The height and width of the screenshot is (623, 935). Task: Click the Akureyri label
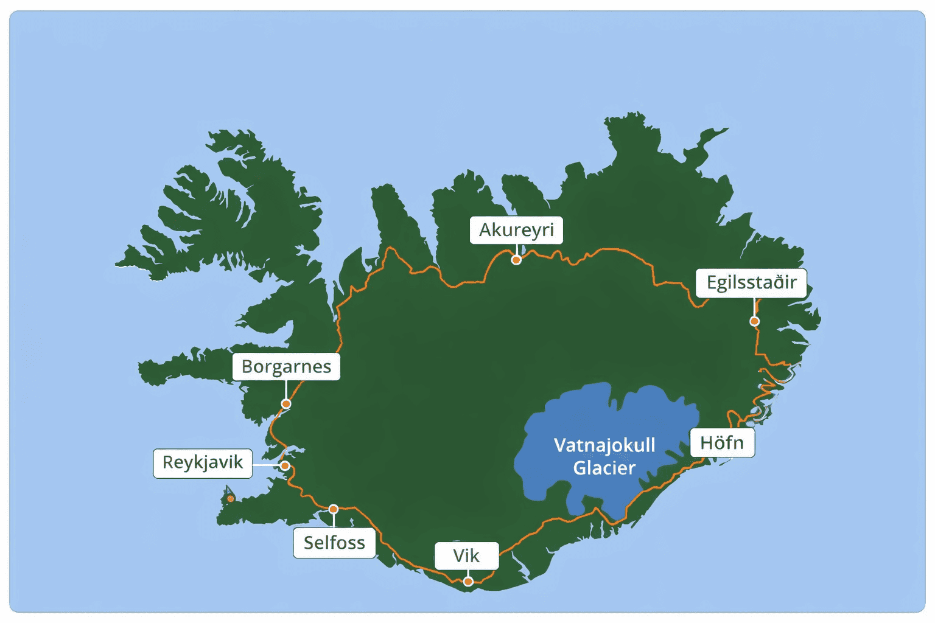[x=516, y=230]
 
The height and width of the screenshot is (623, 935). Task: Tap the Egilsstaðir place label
[x=751, y=282]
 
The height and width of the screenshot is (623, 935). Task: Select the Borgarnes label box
[x=286, y=366]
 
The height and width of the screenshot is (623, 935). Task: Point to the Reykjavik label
[x=202, y=462]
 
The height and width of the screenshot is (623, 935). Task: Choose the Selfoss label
[x=334, y=542]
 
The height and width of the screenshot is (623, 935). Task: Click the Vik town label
[x=466, y=555]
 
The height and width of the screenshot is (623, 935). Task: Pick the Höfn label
[x=722, y=442]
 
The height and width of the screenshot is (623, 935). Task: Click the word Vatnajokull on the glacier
[x=604, y=445]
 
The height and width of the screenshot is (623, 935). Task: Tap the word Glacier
[x=604, y=468]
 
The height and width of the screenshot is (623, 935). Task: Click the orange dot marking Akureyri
[x=516, y=260]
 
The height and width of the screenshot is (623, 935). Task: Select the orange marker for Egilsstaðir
[x=754, y=321]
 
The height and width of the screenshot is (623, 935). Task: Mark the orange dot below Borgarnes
[x=286, y=404]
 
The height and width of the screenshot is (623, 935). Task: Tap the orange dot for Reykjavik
[x=285, y=465]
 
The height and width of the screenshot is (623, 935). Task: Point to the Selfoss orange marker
[x=334, y=509]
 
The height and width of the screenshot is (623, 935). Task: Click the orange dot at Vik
[x=468, y=582]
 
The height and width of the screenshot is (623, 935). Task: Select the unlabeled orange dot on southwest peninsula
[x=231, y=499]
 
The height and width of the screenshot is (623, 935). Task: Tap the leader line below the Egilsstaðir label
[x=754, y=307]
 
